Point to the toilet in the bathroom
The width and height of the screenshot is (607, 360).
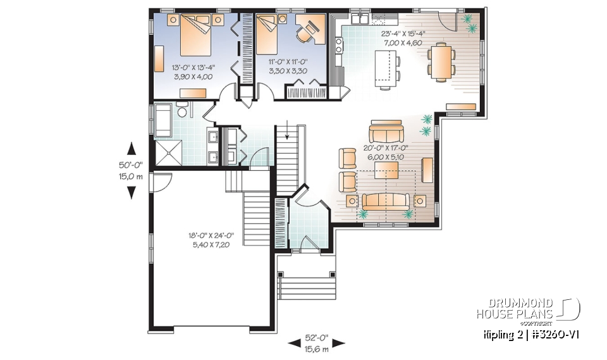pos(183,112)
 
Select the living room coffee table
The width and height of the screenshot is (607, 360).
pos(386,169)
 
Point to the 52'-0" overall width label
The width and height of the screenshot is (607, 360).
pos(317,338)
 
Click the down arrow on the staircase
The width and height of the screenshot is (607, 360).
pos(288,133)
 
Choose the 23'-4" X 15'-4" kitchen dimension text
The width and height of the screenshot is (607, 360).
pos(403,33)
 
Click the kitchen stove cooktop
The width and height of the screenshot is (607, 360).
pos(338,46)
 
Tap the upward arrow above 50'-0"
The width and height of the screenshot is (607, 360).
pos(132,149)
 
